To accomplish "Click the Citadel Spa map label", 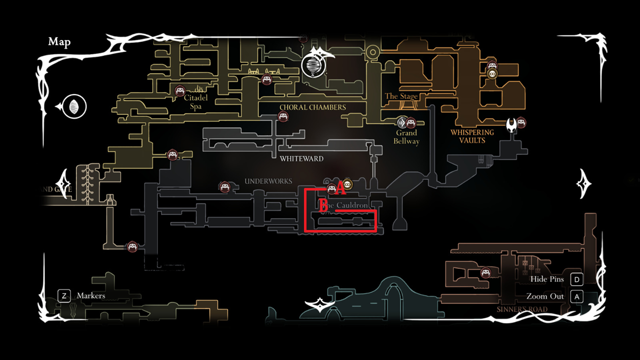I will coord(195,102).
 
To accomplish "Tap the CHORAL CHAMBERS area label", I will coord(312,107).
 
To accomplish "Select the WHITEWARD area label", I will coord(301,159).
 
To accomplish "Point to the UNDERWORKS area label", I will coord(268,181).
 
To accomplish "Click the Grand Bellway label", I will coord(406,137).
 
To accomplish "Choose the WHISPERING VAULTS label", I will coord(472,136).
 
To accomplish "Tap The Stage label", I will coord(401,96).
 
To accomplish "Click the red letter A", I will coord(340,188).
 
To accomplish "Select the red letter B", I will coord(323,206).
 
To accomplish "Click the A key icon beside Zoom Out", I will coord(576,296).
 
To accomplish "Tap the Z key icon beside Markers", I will coord(64,295).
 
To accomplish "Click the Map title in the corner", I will coord(59,41).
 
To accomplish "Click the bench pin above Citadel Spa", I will coord(180,90).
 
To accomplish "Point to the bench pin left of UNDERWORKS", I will coord(224,187).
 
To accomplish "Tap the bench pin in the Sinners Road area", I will coord(485,272).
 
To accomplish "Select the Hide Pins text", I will coord(547,279).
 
